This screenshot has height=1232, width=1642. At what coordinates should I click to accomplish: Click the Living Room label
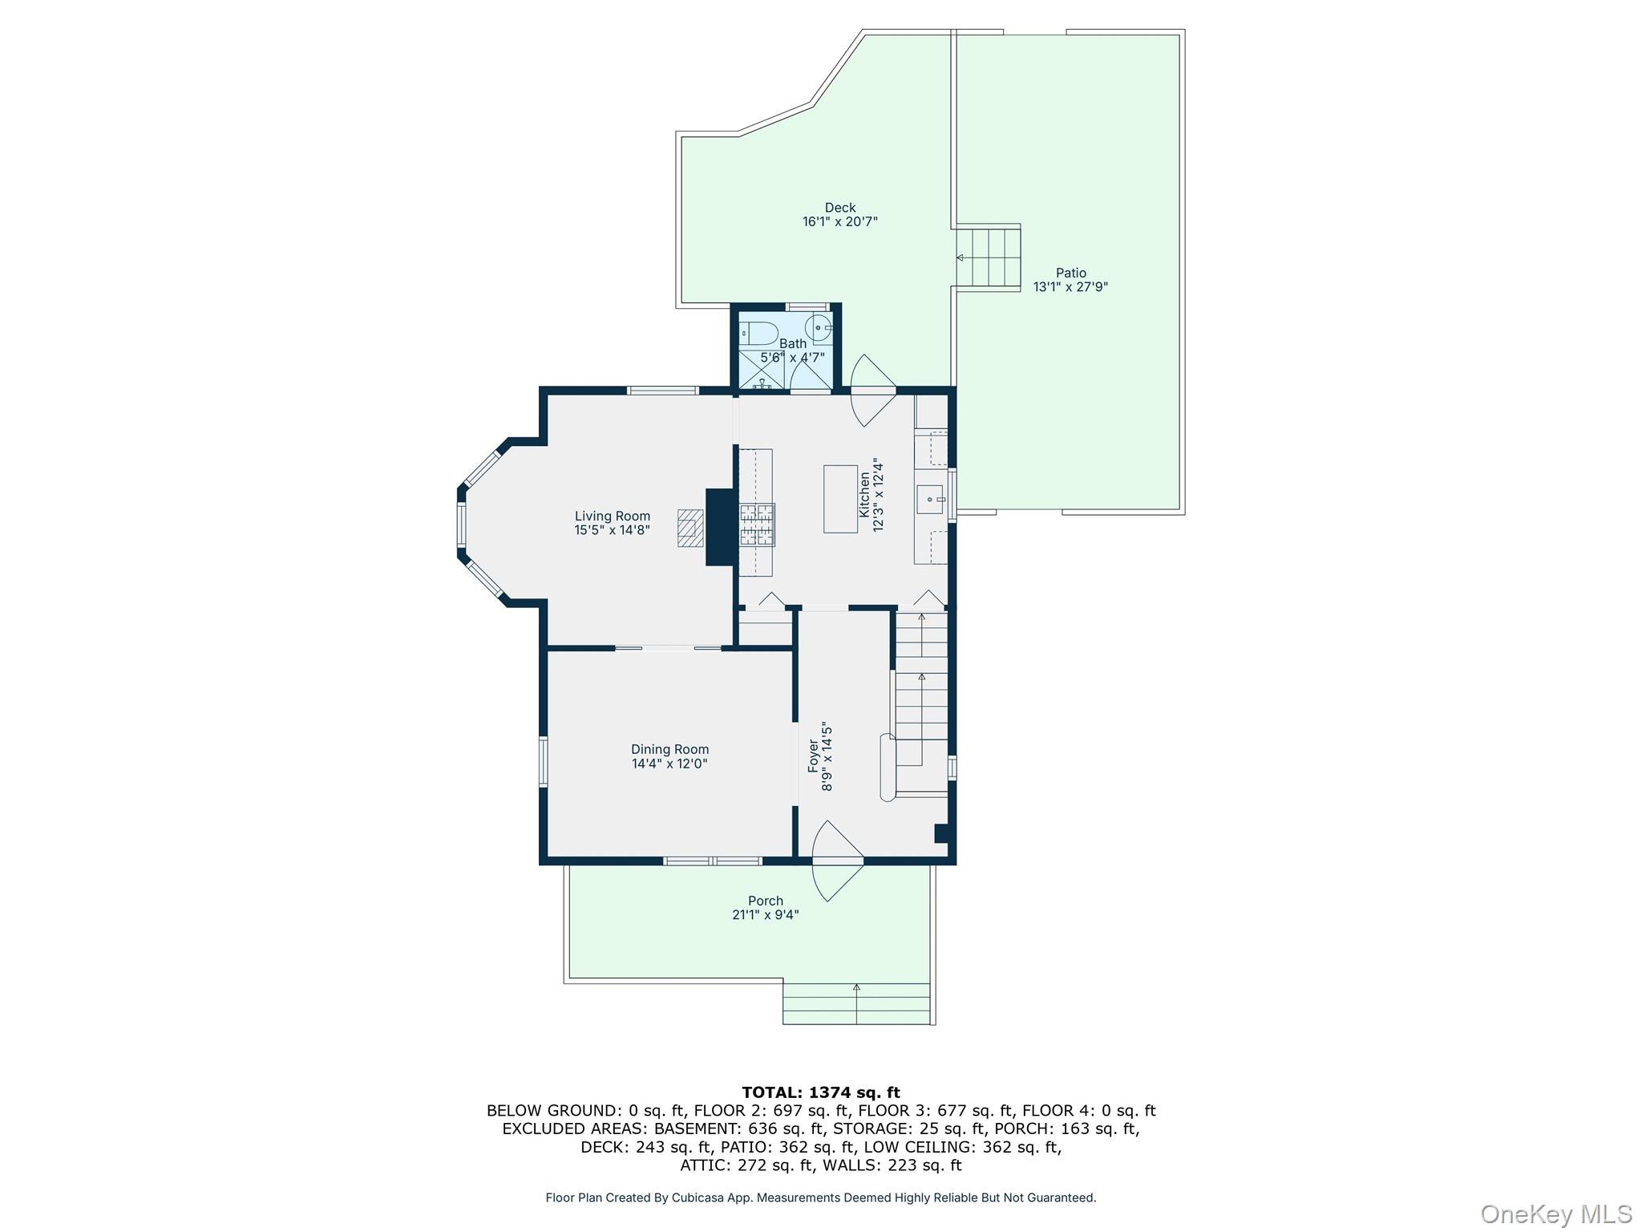point(612,516)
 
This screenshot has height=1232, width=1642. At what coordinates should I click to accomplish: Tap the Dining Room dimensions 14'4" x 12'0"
point(669,764)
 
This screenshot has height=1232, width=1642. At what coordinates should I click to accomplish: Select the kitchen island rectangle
point(840,499)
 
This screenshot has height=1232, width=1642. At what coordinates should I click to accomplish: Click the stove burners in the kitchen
point(757,524)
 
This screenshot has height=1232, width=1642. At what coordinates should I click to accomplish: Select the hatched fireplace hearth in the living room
point(690,528)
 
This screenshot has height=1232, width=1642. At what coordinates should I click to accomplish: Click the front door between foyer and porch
point(837,861)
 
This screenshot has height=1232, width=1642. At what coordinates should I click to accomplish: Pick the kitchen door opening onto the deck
point(872,391)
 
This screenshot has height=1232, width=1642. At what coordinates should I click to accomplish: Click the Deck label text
point(840,208)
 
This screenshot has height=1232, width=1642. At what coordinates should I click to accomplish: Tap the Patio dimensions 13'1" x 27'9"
point(1070,287)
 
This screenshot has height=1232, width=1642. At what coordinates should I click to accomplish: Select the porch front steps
point(856,1003)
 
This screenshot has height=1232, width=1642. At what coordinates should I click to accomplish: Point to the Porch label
point(765,901)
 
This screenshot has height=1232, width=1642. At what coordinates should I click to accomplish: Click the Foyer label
point(814,756)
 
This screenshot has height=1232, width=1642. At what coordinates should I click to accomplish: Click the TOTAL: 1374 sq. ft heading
point(820,1092)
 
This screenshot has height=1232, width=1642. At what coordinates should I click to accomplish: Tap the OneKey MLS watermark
point(1555,1214)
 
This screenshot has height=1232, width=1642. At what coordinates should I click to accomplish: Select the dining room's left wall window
point(543,761)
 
